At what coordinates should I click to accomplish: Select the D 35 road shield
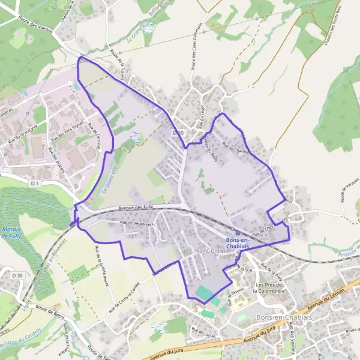(x=16, y=274)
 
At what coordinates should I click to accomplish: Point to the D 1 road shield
(x=35, y=182)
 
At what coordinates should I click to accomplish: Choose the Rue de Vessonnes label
(x=137, y=223)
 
